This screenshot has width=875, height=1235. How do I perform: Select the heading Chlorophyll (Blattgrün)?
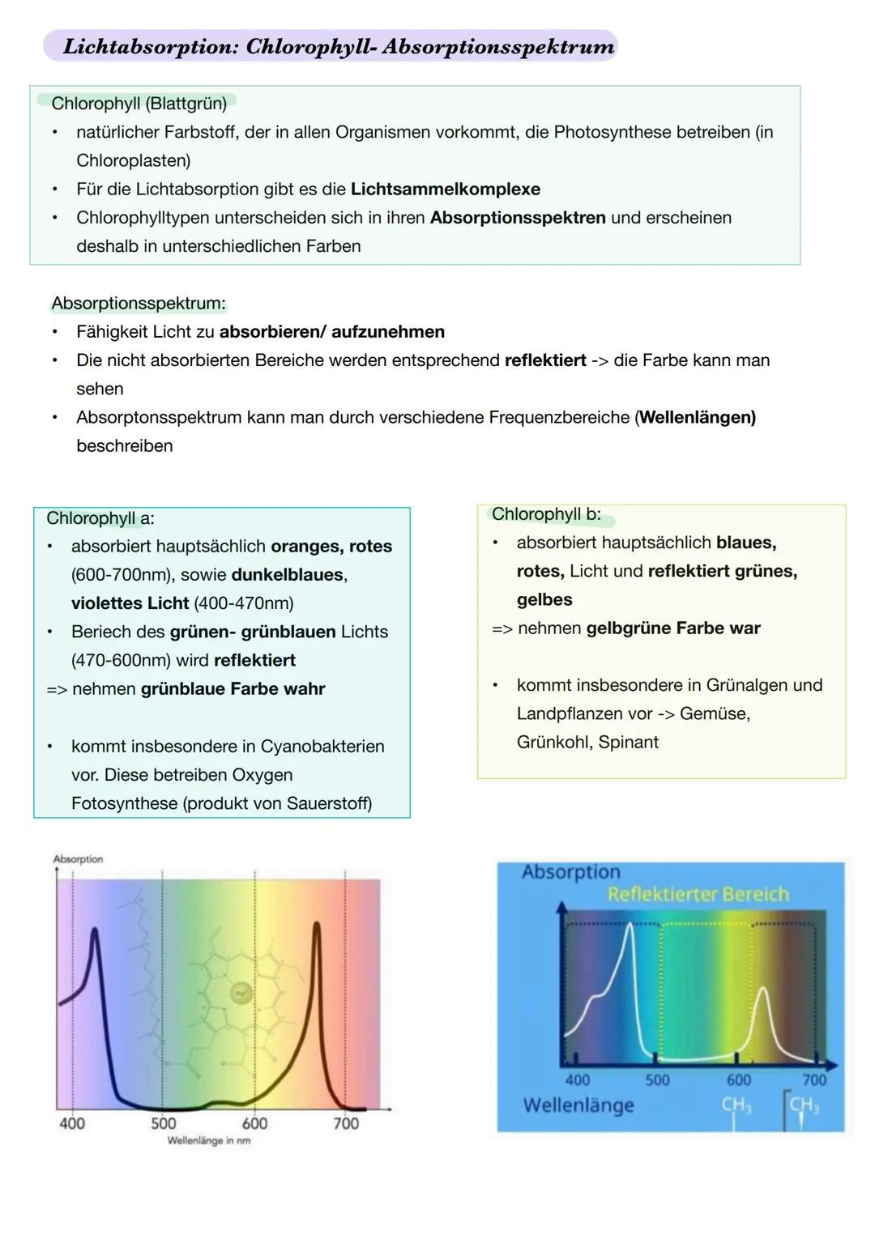tap(139, 104)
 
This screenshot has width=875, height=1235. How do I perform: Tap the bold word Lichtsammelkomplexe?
tap(445, 190)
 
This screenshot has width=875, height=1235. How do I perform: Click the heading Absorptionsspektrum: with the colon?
tap(139, 304)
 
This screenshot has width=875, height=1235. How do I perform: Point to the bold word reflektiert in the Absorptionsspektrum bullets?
tap(544, 360)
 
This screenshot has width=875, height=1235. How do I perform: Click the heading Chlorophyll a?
tap(100, 518)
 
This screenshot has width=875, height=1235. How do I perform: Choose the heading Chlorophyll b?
tap(546, 514)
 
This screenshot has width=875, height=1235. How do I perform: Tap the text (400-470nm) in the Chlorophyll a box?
tap(244, 603)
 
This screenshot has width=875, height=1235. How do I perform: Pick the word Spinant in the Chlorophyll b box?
tap(628, 743)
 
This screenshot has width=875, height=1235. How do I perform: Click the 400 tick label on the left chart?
tap(72, 1123)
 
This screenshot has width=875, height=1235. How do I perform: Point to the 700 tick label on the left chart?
tap(346, 1123)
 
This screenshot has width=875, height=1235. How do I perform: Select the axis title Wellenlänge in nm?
tap(208, 1141)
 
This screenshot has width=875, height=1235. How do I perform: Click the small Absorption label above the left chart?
tap(78, 859)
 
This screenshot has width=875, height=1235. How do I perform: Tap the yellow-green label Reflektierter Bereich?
tap(698, 894)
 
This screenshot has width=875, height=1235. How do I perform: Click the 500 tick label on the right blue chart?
tap(657, 1080)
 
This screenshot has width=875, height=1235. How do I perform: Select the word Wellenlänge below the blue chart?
tap(578, 1105)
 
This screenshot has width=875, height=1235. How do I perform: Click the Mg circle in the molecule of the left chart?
tap(241, 992)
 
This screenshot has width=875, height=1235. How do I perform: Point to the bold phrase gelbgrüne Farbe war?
tap(672, 628)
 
